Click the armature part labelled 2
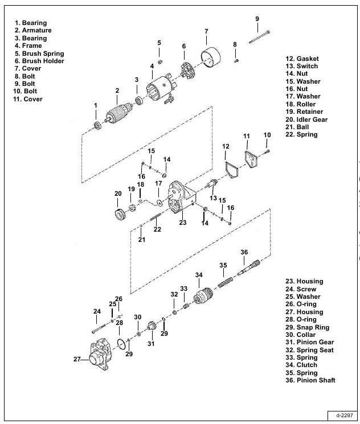point(117,114)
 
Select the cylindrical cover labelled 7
point(211,58)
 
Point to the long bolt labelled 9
point(259,37)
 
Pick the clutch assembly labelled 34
point(203,295)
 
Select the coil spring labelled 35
point(226,282)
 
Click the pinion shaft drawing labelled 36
point(249,267)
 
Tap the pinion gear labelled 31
point(152,326)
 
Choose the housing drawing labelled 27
point(99,354)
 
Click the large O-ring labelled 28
point(121,343)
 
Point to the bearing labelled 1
point(97,125)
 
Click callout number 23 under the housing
point(183,223)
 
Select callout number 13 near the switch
point(213,198)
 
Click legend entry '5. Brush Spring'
point(39,53)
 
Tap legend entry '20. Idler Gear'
point(306,120)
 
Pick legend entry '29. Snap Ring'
point(307,327)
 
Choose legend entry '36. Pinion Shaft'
point(310,380)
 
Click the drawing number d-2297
point(345,415)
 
